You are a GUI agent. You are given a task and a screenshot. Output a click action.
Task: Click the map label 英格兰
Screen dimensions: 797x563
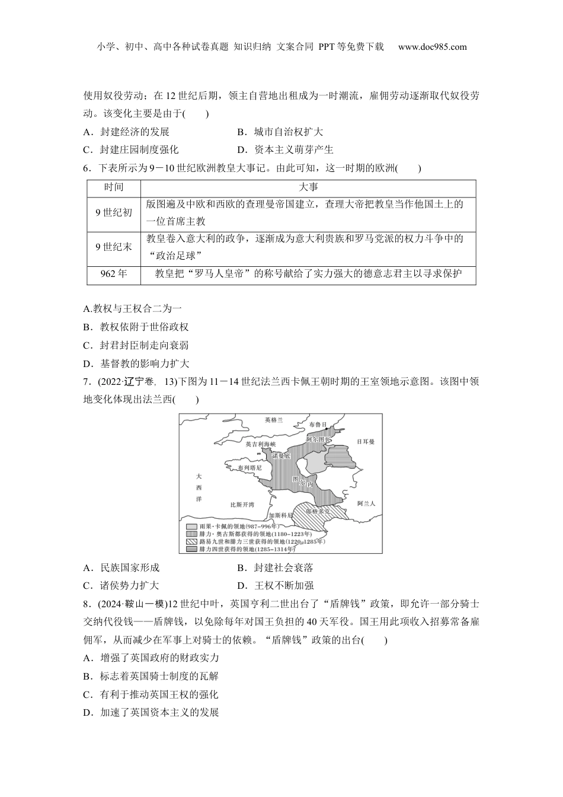(x=274, y=420)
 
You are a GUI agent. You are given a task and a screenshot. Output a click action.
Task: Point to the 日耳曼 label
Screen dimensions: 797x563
(x=366, y=442)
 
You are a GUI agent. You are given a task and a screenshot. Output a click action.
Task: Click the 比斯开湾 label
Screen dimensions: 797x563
(x=242, y=505)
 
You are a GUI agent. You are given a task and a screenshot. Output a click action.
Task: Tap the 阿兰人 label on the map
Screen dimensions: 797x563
(x=366, y=503)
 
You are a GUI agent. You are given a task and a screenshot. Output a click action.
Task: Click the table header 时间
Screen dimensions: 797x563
(x=114, y=187)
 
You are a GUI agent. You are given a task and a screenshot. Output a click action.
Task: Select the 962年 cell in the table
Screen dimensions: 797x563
(x=114, y=274)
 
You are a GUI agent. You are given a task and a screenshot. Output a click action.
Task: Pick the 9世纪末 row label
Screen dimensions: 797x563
(x=114, y=247)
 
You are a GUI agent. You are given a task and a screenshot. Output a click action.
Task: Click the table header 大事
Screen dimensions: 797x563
(x=308, y=187)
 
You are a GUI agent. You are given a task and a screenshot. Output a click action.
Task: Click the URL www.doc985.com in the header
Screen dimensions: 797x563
(x=432, y=47)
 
